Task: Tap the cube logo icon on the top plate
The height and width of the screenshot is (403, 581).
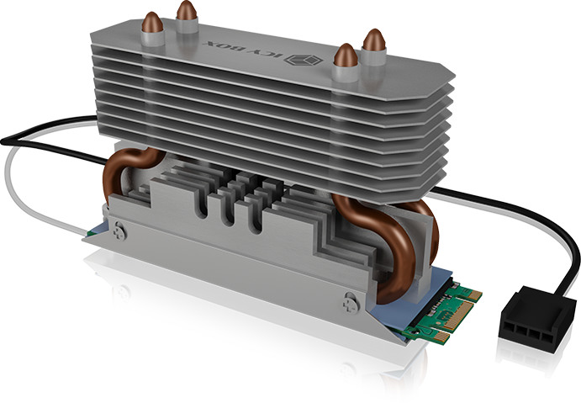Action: click(x=304, y=60)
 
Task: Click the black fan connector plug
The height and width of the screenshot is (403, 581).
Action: click(x=536, y=319)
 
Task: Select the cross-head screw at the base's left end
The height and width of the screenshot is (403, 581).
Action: click(x=120, y=231)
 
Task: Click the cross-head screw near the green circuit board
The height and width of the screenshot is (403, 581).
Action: click(x=350, y=303)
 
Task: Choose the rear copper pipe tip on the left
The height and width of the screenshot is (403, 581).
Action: click(x=187, y=10)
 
